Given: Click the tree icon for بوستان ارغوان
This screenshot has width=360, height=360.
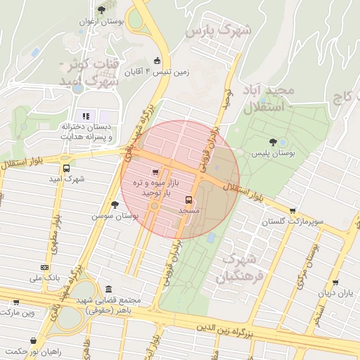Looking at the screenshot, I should click(x=102, y=10).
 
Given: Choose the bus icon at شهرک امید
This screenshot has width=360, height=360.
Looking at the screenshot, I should click(x=66, y=169).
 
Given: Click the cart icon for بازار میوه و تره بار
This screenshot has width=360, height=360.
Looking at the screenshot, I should click(x=155, y=172).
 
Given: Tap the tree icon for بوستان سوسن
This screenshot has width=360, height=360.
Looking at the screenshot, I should click(x=115, y=205).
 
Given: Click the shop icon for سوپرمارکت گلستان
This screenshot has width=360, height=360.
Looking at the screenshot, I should click(x=292, y=210).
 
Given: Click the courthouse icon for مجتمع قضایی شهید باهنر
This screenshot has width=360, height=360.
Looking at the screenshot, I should click(x=108, y=289).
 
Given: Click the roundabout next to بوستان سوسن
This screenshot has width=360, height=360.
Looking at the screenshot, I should click(x=154, y=207).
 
